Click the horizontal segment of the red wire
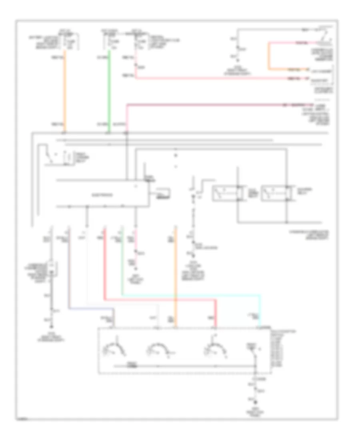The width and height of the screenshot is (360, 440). (160, 300)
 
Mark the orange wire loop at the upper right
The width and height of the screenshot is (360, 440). (269, 56)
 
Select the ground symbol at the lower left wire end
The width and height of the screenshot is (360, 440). (51, 320)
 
